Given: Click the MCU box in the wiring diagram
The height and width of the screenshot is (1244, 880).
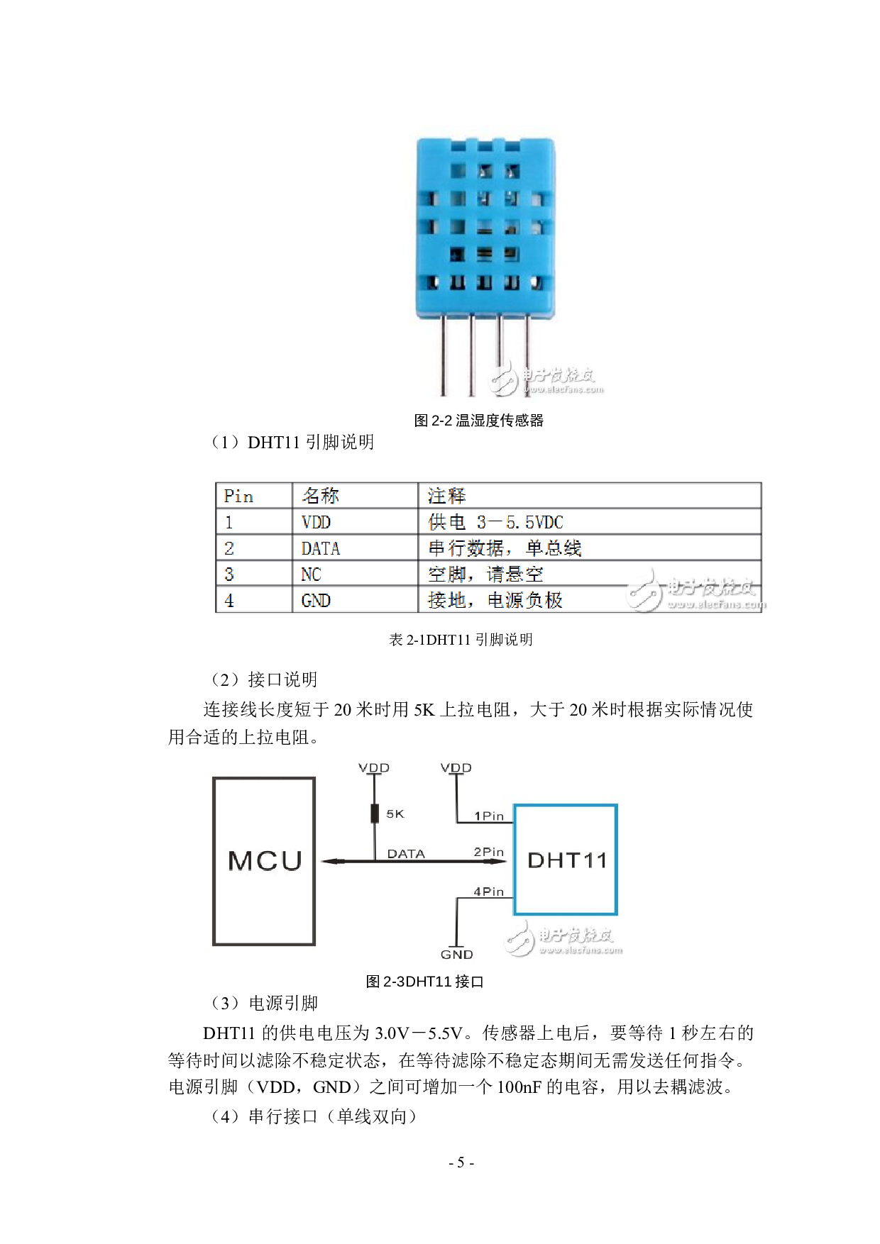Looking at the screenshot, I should pos(264,861).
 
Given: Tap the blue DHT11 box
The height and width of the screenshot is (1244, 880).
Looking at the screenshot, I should pos(566,860).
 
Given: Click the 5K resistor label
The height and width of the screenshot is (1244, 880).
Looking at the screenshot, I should pos(395,814).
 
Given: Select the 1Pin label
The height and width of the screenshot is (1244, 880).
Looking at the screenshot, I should pos(489,816).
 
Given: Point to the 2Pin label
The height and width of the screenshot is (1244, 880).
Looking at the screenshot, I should pos(489,852).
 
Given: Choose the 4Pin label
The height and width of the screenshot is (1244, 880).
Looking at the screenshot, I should pos(489,892).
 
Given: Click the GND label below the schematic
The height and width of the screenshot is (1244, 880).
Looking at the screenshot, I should pos(456,955).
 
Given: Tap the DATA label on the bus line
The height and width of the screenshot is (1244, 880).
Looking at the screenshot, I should pos(406,854).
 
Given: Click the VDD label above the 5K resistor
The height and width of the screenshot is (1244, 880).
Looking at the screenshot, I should pos(374,768).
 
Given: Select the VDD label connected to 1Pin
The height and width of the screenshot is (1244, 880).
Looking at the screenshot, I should pos(456,768).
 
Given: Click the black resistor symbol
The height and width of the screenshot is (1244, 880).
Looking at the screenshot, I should pos(375,813).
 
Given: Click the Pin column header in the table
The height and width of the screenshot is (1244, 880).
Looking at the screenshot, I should pos(238,496).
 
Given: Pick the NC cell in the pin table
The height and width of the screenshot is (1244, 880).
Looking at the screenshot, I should pos(311,574).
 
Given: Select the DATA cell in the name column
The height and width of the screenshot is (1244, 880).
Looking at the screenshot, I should pos(320,548).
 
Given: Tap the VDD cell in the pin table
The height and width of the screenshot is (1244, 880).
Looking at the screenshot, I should pos(316,523).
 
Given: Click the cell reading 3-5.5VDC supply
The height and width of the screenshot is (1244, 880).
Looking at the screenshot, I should pos(495,523).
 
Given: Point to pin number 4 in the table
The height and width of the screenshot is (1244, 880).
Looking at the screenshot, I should pos(229,601).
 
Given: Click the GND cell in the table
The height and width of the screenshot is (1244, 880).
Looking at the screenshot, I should pos(316,601).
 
